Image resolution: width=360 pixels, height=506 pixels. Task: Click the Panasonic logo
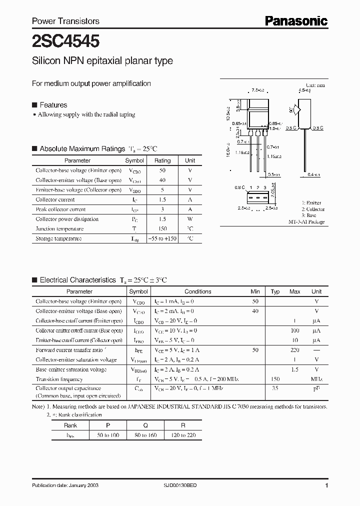(295, 20)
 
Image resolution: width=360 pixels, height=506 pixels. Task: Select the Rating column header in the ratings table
(162, 160)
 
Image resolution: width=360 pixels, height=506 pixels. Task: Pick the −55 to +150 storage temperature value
(162, 238)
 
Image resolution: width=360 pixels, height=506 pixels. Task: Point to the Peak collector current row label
(60, 209)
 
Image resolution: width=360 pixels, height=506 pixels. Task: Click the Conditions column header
(198, 291)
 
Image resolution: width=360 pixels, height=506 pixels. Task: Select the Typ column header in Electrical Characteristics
(275, 291)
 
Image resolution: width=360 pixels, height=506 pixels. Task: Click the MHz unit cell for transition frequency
(316, 379)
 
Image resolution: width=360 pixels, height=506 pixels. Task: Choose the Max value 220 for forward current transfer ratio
(295, 350)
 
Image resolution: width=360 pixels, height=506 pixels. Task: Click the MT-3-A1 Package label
(306, 221)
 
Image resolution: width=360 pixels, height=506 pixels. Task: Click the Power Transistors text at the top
(65, 21)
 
